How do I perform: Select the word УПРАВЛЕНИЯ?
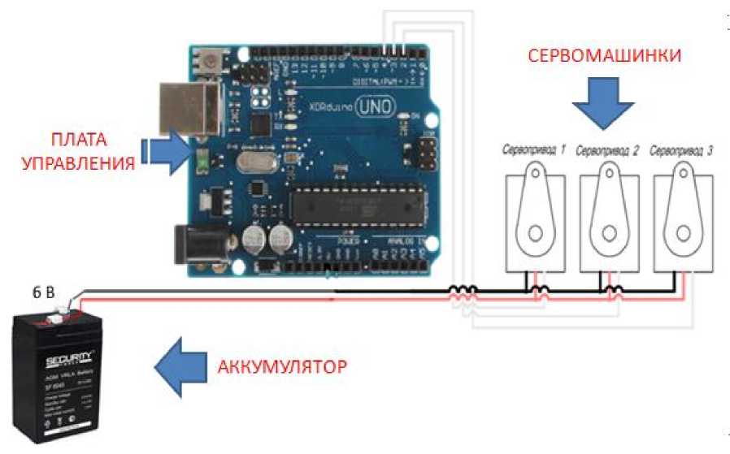tap(77, 162)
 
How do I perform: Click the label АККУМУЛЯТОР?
tap(282, 365)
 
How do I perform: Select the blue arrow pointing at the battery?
tap(181, 365)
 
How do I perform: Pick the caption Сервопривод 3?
tap(683, 150)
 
